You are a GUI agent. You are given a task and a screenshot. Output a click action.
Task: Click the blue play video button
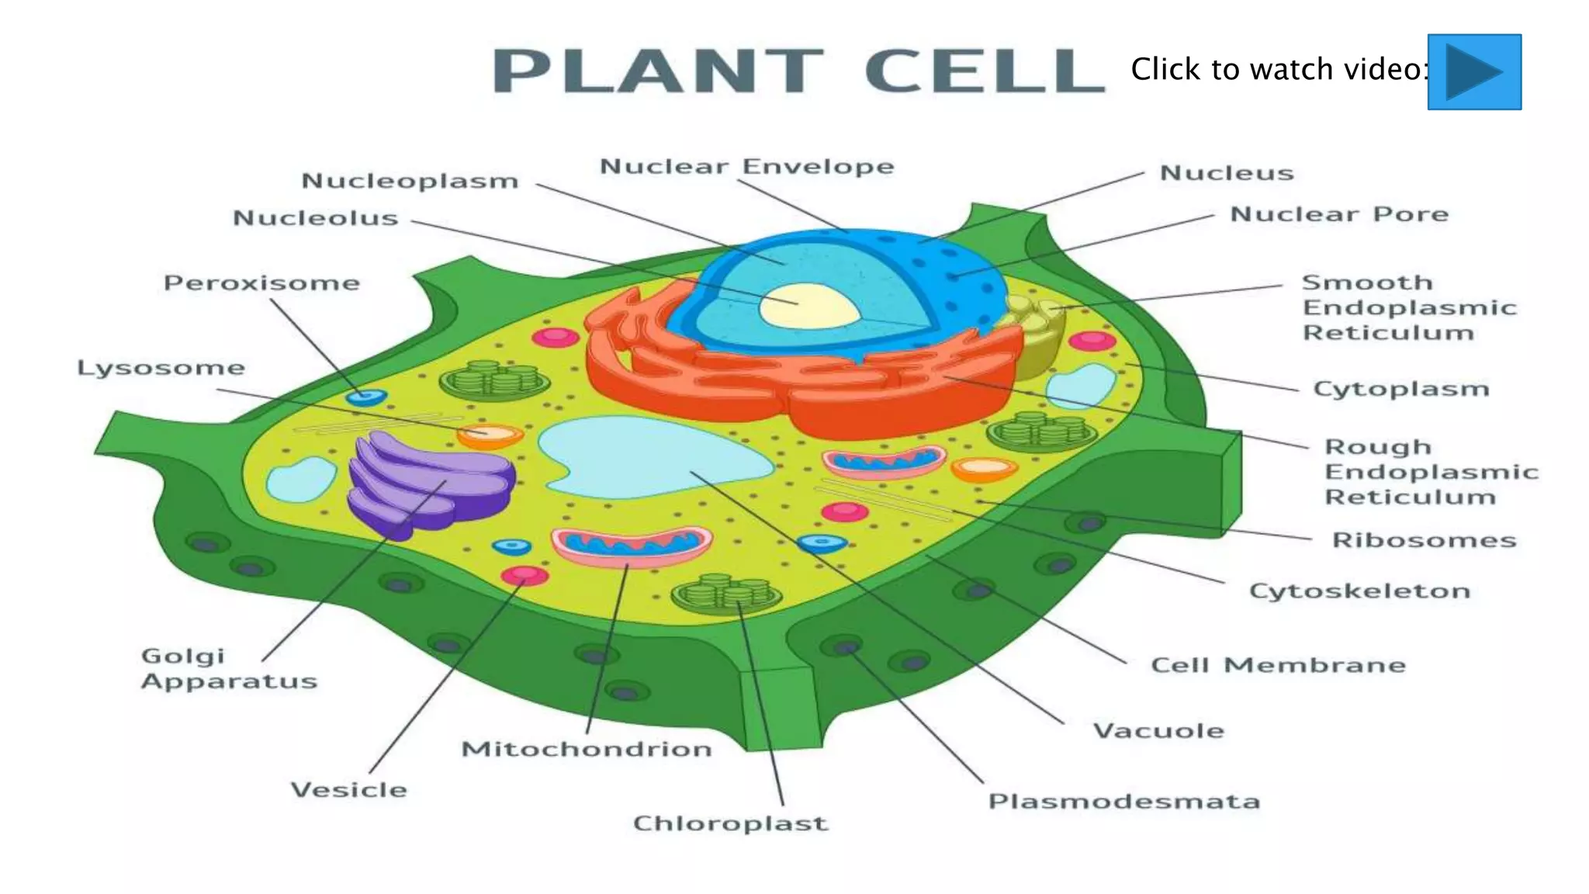click(1473, 71)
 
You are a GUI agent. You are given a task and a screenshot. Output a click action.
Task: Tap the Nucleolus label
click(316, 218)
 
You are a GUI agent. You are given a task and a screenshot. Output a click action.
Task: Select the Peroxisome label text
click(261, 283)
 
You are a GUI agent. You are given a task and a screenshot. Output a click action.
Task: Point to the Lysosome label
click(161, 368)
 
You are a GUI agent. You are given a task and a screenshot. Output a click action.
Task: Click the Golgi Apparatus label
click(229, 669)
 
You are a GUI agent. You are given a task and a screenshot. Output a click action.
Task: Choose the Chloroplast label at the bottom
click(730, 823)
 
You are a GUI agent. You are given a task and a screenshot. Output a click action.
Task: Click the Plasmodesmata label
click(1123, 802)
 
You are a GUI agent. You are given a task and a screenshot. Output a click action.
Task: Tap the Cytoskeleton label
click(1359, 591)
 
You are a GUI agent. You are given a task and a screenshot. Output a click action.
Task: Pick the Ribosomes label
click(1424, 540)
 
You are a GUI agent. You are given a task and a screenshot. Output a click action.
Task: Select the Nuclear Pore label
click(1339, 214)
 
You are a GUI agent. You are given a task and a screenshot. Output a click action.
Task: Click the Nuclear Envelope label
click(746, 167)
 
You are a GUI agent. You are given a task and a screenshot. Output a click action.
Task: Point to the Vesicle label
click(348, 790)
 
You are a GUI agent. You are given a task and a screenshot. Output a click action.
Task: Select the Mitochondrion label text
click(587, 750)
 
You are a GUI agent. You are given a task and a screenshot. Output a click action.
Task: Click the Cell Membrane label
click(1278, 666)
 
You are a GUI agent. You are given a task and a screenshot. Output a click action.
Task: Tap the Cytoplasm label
click(1400, 389)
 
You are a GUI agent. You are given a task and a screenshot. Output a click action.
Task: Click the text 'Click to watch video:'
click(1279, 70)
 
